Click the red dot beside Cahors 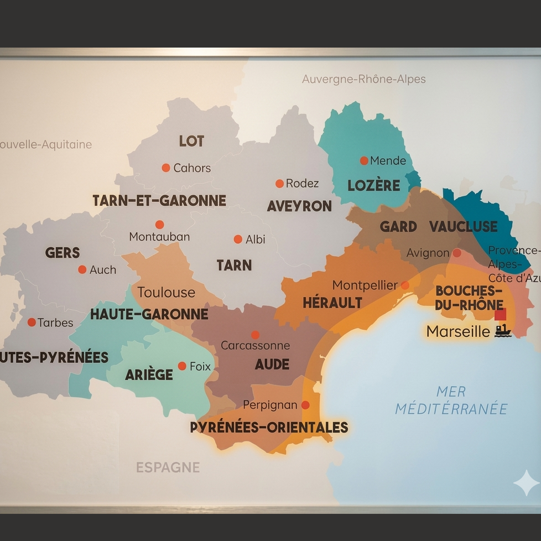[x=165, y=168]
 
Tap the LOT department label [x=191, y=142]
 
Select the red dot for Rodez [x=279, y=184]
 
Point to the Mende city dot [x=364, y=161]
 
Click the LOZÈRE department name [x=373, y=186]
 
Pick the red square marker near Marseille [x=500, y=314]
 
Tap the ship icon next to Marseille [x=503, y=331]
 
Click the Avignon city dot [x=457, y=253]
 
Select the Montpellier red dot [x=405, y=285]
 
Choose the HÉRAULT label [x=332, y=303]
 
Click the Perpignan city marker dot [x=305, y=405]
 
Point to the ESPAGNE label [x=168, y=467]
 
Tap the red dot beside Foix [x=182, y=366]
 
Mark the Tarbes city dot [x=32, y=322]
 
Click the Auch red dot [x=82, y=270]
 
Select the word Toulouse [x=166, y=292]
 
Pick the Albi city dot [x=238, y=240]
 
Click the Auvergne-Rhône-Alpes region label [x=363, y=79]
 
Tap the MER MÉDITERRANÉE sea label [x=451, y=400]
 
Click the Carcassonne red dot [x=255, y=335]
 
